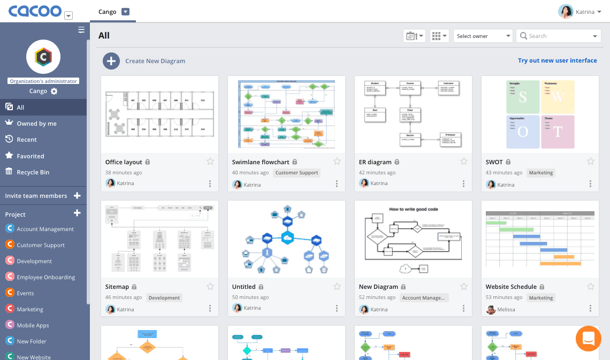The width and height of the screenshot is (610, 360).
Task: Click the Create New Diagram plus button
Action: [x=111, y=61]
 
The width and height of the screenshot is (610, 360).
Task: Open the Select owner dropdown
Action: [x=483, y=36]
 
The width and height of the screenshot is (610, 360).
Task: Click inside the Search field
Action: [x=556, y=36]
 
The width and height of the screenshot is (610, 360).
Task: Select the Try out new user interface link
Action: [x=557, y=60]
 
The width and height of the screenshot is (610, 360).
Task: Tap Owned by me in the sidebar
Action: [x=36, y=124]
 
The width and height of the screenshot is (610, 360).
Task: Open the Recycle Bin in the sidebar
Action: [x=33, y=172]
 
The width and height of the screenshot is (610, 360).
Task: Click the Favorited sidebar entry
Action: [x=30, y=156]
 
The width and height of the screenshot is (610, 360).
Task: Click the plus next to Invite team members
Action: [x=77, y=196]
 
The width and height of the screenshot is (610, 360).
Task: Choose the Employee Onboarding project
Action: [x=45, y=277]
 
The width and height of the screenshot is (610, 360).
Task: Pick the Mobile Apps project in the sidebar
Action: [x=33, y=325]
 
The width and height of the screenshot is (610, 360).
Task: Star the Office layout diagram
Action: [x=210, y=162]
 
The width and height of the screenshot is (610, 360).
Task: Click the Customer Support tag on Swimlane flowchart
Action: [x=296, y=173]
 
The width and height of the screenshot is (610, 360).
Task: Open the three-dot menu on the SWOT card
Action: [x=590, y=184]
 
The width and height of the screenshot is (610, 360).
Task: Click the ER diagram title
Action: [x=375, y=162]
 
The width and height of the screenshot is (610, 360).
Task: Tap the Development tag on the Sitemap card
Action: [x=164, y=297]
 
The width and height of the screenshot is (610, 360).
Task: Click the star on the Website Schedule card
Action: [x=591, y=287]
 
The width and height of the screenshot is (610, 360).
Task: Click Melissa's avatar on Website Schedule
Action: [x=491, y=309]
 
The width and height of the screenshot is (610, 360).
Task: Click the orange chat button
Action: [x=589, y=339]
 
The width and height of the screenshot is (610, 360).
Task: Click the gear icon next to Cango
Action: [x=54, y=91]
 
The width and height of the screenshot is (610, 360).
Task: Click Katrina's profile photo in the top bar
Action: [x=565, y=12]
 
